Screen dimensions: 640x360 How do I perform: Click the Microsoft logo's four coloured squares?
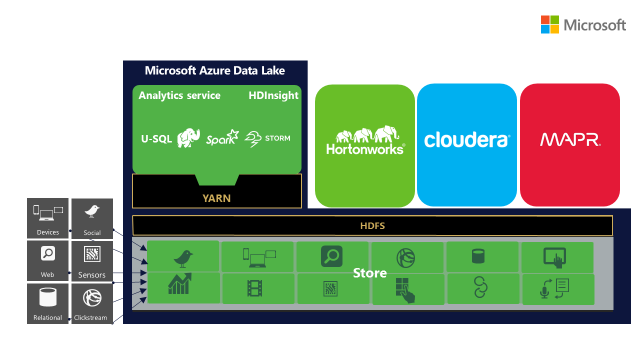click(549, 24)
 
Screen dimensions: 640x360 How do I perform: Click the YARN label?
click(216, 198)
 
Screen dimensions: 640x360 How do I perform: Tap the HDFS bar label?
click(372, 226)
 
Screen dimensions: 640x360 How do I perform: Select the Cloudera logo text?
click(467, 140)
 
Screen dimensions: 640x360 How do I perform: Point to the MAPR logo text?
click(570, 140)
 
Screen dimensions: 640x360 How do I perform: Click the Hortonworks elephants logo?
click(365, 140)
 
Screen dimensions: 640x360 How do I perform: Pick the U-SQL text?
click(156, 139)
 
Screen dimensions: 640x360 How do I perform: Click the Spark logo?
click(222, 138)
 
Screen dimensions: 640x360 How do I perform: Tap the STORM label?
click(278, 138)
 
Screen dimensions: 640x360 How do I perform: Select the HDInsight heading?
click(273, 96)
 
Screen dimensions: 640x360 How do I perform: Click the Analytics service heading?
click(179, 96)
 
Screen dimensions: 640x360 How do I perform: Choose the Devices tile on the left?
click(48, 218)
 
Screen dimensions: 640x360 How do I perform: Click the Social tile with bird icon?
click(92, 219)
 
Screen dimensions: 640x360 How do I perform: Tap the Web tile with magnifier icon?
click(48, 261)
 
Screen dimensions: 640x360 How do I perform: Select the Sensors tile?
click(92, 261)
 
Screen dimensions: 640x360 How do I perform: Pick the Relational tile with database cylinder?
click(48, 304)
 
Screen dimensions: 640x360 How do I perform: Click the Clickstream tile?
click(92, 304)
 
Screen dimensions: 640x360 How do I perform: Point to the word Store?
click(369, 273)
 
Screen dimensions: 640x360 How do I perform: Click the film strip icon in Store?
click(255, 288)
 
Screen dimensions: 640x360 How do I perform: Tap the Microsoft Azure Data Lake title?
click(215, 71)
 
